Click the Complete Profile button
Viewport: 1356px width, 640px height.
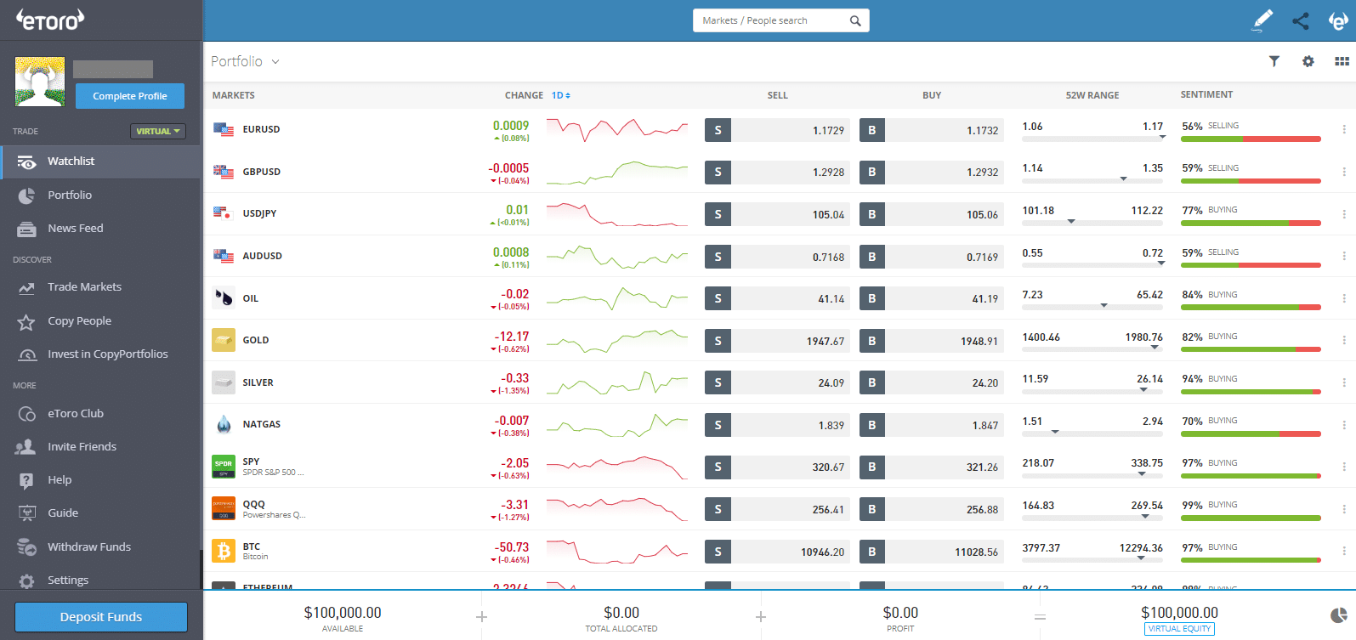(x=129, y=96)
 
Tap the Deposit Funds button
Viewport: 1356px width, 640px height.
(x=101, y=617)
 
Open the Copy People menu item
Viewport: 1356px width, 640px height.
(x=79, y=321)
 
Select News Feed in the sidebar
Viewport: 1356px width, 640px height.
(x=75, y=228)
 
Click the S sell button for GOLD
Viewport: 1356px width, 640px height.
(x=718, y=341)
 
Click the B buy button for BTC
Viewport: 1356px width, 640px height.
(x=871, y=552)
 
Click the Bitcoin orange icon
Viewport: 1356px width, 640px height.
(x=224, y=552)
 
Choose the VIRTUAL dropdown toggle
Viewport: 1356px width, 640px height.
(x=158, y=131)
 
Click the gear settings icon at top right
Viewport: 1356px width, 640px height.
(x=1308, y=61)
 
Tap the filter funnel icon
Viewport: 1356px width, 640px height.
(x=1274, y=61)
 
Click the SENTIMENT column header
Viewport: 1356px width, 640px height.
(x=1206, y=94)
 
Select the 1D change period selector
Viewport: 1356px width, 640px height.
(x=560, y=95)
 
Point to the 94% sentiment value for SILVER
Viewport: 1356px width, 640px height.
(x=1192, y=379)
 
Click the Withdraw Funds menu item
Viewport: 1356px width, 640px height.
(x=88, y=547)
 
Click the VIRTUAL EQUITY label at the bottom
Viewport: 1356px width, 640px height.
(x=1178, y=629)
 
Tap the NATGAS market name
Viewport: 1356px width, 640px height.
(x=261, y=424)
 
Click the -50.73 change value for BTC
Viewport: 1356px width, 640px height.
(x=513, y=547)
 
